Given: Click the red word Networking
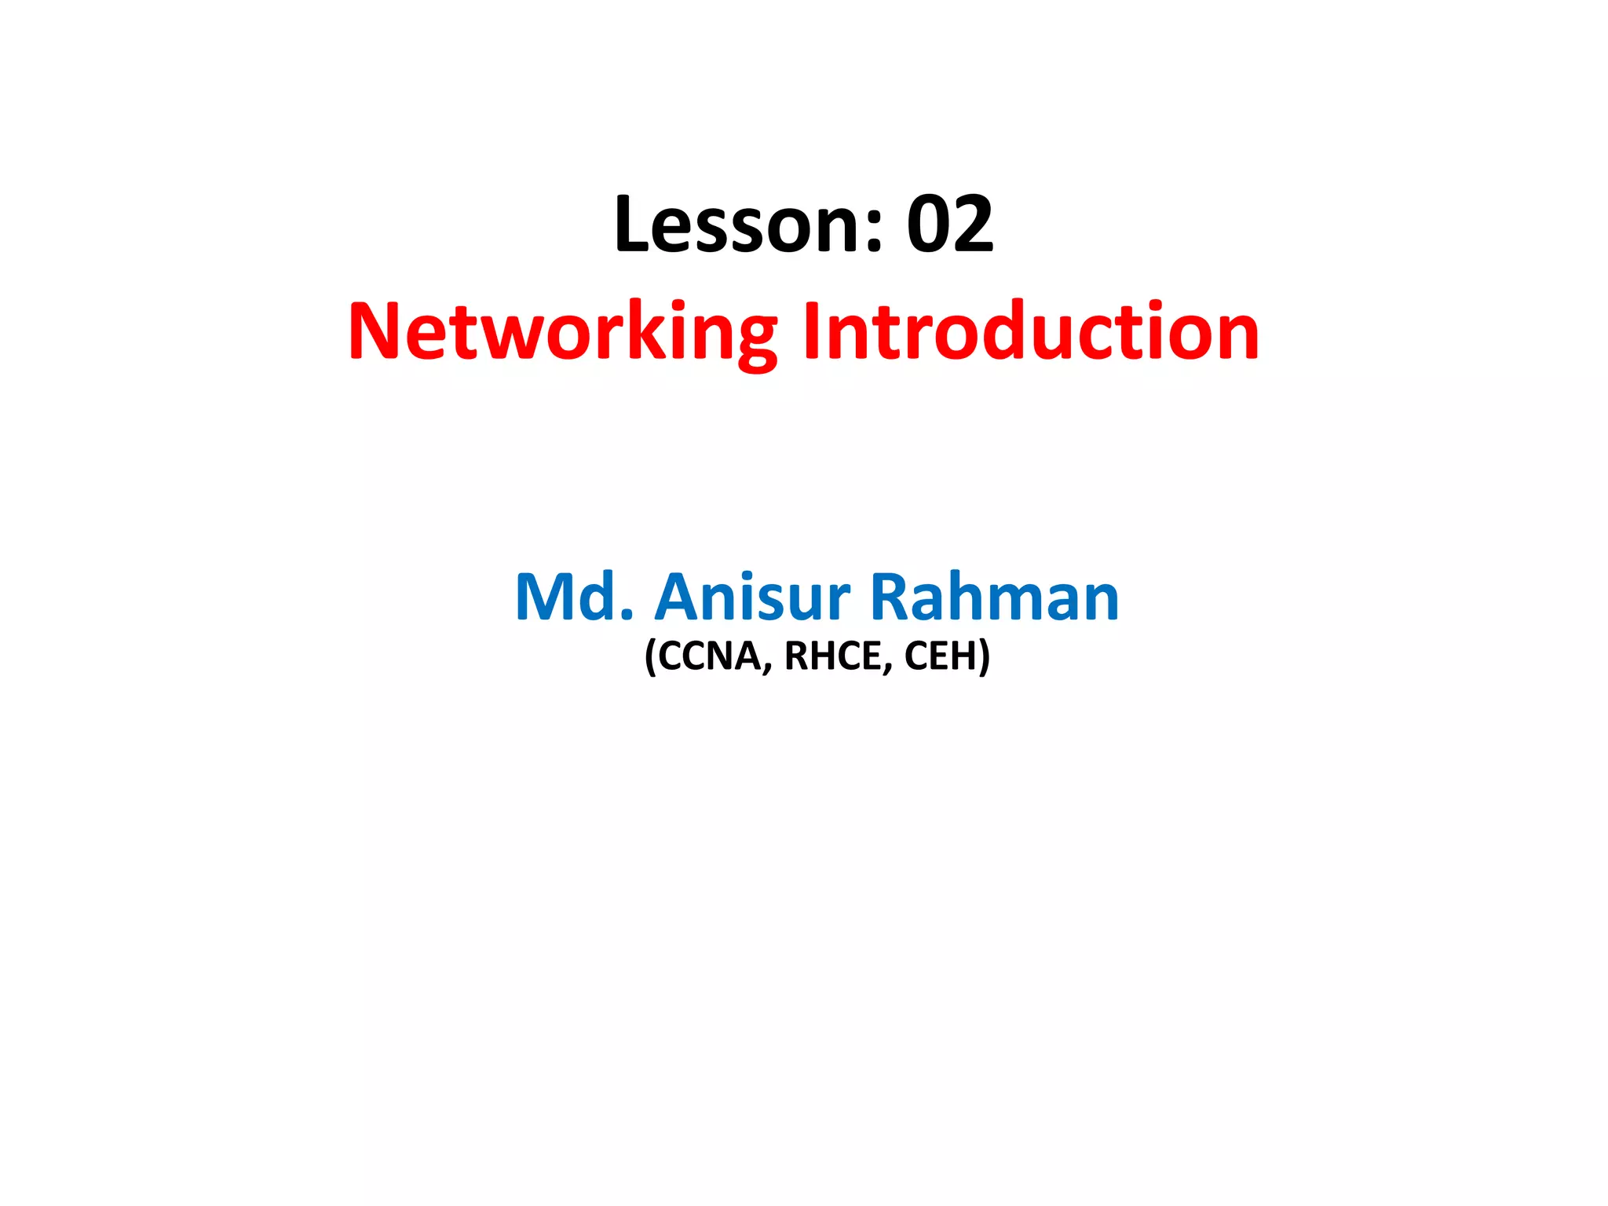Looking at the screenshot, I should point(562,333).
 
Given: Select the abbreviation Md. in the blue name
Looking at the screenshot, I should point(573,598).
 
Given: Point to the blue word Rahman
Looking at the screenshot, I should point(994,598).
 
